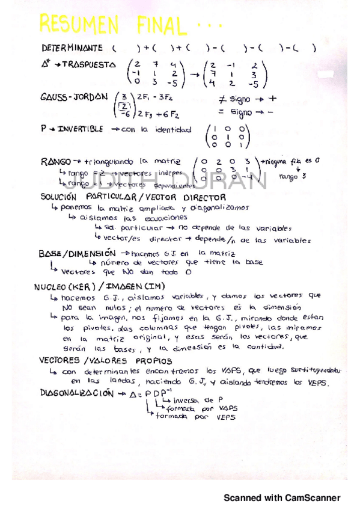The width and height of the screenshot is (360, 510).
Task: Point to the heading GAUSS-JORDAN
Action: click(x=74, y=97)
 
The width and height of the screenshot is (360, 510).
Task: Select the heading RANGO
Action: click(x=55, y=161)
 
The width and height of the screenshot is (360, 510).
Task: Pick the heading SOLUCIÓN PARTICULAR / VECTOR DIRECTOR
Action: click(x=133, y=197)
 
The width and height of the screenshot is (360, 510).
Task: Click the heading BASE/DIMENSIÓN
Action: click(x=78, y=254)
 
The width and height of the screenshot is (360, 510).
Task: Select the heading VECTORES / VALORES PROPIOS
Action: click(x=105, y=361)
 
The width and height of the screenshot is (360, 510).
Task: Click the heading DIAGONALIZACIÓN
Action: click(x=76, y=393)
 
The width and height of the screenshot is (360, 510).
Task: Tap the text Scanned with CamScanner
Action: click(x=282, y=497)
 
